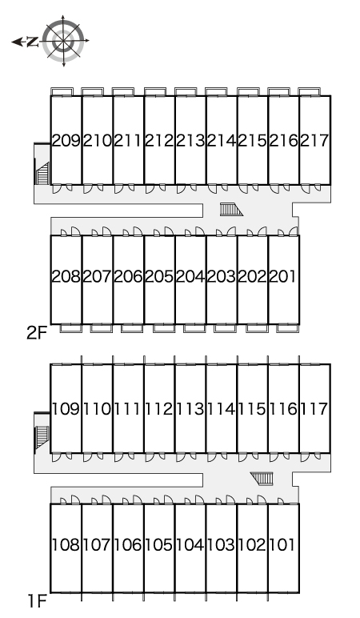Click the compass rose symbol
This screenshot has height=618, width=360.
[63, 41]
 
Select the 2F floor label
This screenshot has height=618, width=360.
[37, 334]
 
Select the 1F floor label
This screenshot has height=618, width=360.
[38, 601]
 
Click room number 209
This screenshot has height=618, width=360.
[66, 140]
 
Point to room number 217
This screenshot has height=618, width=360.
[314, 140]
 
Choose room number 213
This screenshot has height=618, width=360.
[190, 140]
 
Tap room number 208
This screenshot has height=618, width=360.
[66, 276]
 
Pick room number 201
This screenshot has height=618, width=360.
[282, 276]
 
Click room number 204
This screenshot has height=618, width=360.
[190, 276]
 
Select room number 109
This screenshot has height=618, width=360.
[66, 409]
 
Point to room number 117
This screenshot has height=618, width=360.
[314, 409]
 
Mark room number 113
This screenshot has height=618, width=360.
[190, 409]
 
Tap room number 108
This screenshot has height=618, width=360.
[66, 544]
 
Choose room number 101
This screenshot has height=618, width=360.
[282, 544]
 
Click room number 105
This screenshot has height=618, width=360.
[159, 544]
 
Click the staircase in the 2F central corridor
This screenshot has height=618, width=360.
[231, 209]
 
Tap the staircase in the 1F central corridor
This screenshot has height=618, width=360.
[262, 479]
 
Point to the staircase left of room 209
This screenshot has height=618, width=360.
[42, 174]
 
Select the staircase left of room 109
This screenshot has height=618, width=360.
[42, 437]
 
